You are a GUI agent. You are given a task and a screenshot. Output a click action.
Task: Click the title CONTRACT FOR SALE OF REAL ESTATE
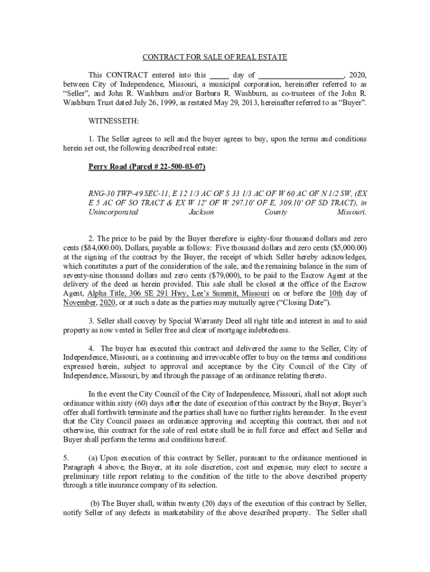click(215, 58)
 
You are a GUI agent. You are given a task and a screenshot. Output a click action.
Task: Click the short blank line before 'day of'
click(219, 75)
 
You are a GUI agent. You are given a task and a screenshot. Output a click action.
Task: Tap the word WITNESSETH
click(114, 121)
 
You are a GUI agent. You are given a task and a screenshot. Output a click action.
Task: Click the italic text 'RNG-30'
click(101, 193)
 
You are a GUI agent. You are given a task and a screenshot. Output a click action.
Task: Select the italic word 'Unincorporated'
click(113, 212)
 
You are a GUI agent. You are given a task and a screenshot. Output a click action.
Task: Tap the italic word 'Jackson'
click(202, 212)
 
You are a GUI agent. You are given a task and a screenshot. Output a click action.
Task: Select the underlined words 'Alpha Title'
click(106, 293)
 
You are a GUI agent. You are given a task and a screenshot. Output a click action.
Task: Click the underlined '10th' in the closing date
click(335, 293)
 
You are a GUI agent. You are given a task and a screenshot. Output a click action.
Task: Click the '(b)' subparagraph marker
click(96, 505)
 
